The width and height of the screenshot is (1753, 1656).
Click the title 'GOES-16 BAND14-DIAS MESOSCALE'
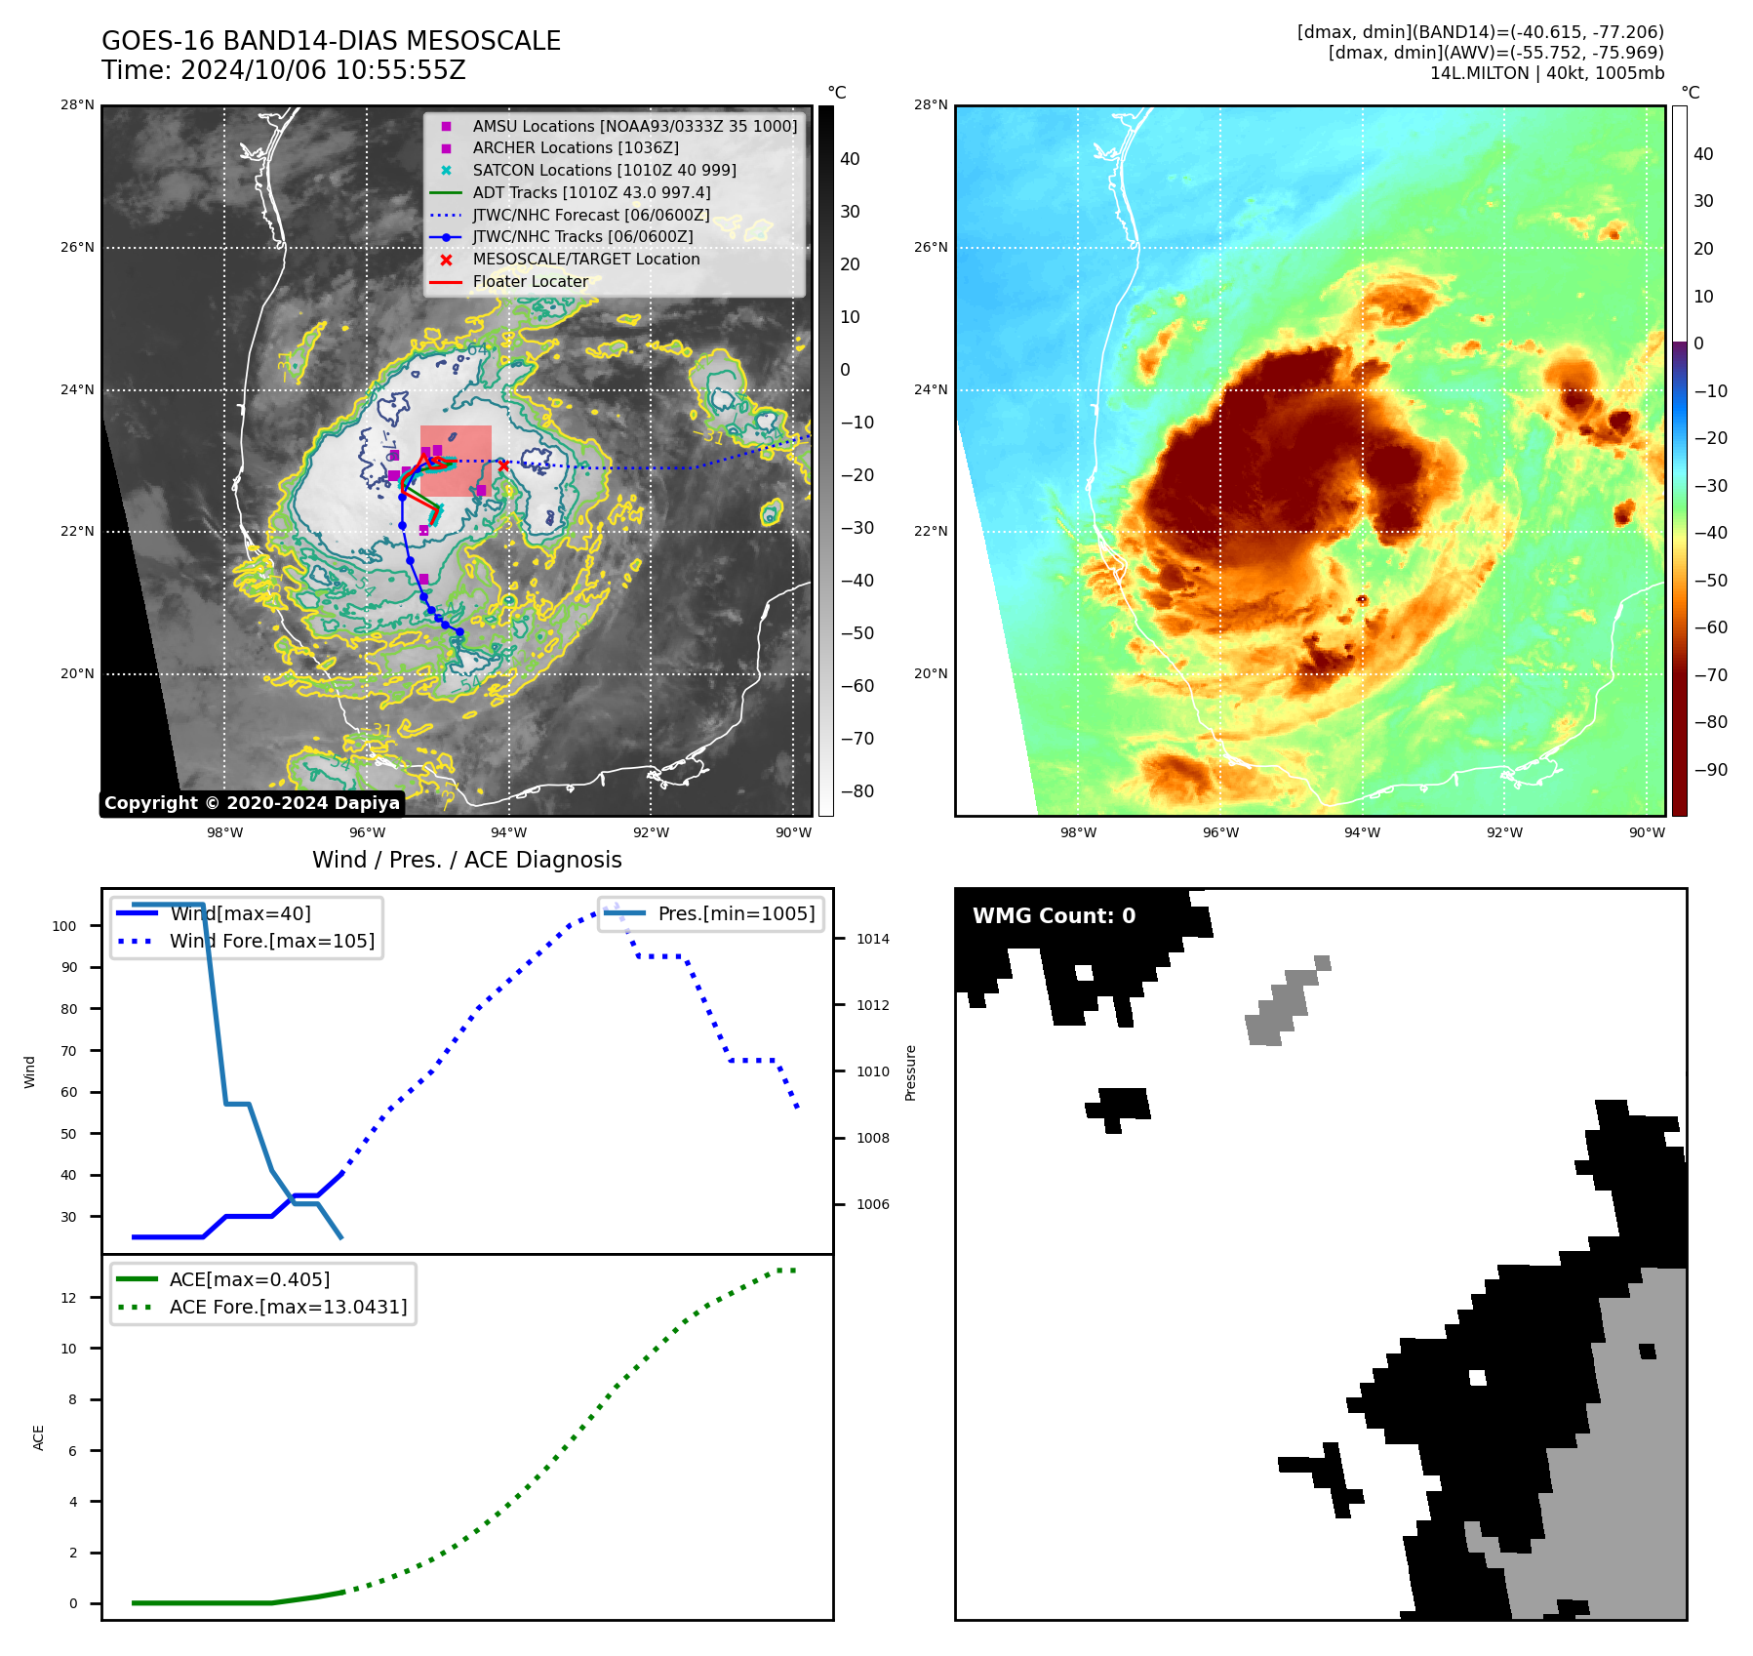[331, 41]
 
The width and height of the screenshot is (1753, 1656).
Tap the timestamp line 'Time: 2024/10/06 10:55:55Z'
[283, 70]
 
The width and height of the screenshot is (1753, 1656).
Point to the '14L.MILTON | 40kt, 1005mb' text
[1546, 73]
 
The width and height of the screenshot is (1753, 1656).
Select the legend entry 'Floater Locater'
[530, 282]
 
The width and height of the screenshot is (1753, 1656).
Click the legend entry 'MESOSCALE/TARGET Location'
[585, 260]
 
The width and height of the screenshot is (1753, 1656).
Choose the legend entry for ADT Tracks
[591, 193]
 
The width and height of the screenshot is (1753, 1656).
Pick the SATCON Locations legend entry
[604, 170]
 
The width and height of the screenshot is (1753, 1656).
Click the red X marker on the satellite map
[503, 465]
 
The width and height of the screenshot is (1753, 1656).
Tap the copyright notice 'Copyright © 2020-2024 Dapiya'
[252, 803]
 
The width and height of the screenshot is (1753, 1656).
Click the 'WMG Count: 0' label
[1054, 915]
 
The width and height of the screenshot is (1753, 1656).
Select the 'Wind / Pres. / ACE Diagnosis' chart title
[466, 860]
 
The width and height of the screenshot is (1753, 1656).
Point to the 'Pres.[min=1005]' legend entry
[736, 913]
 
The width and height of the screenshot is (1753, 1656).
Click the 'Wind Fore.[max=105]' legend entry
[271, 941]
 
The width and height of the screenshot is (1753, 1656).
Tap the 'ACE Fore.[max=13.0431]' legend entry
[288, 1307]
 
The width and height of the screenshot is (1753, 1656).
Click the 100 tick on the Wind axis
[64, 926]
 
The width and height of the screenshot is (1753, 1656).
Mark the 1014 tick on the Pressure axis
[873, 939]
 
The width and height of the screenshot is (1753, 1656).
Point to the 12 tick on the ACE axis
[68, 1298]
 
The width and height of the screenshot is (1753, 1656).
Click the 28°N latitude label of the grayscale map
[77, 105]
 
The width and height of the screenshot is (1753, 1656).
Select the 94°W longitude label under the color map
[1362, 832]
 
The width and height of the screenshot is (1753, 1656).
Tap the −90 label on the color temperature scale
[1710, 770]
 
